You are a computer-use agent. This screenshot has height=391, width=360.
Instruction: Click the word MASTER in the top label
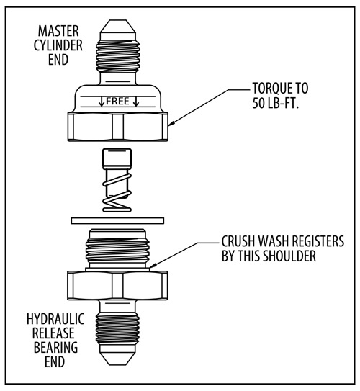pyautogui.click(x=58, y=31)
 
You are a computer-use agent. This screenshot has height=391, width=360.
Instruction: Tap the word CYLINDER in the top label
pyautogui.click(x=58, y=45)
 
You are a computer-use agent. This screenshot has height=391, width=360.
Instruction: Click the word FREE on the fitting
pyautogui.click(x=117, y=101)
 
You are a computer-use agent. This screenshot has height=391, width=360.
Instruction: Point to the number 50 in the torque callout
pyautogui.click(x=258, y=102)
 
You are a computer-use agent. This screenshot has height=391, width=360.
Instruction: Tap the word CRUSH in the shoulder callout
pyautogui.click(x=238, y=241)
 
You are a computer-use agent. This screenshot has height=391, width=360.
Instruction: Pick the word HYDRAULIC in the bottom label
pyautogui.click(x=55, y=319)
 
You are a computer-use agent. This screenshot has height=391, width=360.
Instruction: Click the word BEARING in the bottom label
pyautogui.click(x=55, y=347)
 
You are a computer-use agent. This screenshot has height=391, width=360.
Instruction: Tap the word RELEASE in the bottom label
pyautogui.click(x=53, y=333)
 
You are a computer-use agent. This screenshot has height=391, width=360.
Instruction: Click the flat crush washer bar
pyautogui.click(x=117, y=220)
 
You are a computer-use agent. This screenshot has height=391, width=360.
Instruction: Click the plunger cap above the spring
pyautogui.click(x=117, y=158)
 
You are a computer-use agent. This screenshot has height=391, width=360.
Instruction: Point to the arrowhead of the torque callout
pyautogui.click(x=172, y=122)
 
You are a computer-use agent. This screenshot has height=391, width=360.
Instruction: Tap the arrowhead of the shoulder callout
pyautogui.click(x=153, y=266)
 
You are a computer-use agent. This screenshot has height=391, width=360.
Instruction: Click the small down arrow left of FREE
pyautogui.click(x=102, y=102)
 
